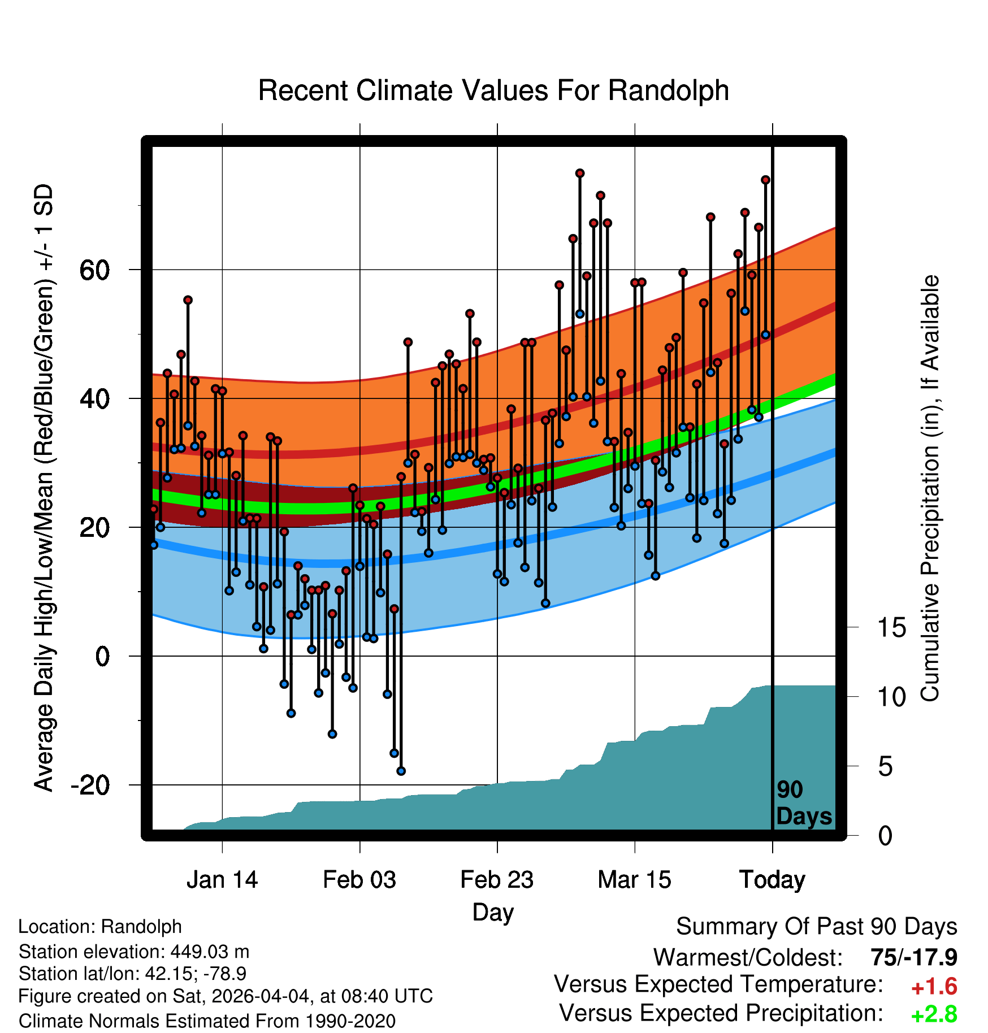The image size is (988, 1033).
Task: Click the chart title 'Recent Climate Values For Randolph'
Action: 493,90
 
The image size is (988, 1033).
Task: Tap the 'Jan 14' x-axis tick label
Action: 222,880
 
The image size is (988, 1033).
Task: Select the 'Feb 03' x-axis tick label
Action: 359,880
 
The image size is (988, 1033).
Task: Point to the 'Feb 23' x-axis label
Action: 497,880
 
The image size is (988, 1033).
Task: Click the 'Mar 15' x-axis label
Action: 634,880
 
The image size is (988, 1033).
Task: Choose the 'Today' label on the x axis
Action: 772,880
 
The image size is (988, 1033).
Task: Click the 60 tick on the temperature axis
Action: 94,270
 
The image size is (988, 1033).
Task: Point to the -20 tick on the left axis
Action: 90,785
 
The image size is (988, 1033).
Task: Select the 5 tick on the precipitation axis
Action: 886,766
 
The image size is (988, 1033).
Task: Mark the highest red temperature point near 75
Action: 580,173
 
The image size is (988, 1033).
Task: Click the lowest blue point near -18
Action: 401,771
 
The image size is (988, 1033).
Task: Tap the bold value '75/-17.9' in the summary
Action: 914,957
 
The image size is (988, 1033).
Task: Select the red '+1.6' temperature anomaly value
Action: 934,987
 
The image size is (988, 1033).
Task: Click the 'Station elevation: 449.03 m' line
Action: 134,952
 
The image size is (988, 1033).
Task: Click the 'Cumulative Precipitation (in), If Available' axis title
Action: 930,489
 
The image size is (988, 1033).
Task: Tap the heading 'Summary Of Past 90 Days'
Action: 817,927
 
